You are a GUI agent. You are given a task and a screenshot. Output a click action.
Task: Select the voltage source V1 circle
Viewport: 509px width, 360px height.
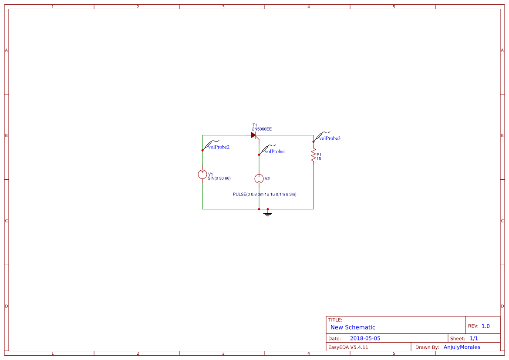(202, 174)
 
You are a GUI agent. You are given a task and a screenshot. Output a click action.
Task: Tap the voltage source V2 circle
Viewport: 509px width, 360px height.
(259, 178)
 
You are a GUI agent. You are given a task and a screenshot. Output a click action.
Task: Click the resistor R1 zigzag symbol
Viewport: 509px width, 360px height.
(313, 155)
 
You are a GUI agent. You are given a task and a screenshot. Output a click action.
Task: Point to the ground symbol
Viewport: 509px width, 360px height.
(268, 213)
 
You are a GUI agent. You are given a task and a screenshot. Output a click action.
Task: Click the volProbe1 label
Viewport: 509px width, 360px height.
(275, 151)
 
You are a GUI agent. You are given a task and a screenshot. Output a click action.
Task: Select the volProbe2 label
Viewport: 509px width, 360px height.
(219, 147)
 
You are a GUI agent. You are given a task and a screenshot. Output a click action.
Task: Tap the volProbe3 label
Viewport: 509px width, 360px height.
(330, 138)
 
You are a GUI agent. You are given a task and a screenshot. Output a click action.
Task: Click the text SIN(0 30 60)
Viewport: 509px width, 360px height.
(219, 178)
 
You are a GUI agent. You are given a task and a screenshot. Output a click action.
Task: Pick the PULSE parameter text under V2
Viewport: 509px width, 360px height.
(265, 194)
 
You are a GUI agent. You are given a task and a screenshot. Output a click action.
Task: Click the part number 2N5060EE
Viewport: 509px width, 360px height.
(262, 129)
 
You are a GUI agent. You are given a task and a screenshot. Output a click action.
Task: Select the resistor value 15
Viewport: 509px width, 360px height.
(319, 159)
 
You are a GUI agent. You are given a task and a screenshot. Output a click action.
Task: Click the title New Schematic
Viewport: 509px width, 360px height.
(353, 327)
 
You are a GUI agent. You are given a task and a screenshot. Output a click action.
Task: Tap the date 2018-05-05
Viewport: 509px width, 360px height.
(365, 339)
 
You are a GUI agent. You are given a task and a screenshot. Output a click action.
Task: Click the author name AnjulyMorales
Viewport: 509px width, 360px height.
(462, 347)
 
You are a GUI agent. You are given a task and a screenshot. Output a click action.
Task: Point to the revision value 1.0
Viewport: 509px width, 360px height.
(485, 326)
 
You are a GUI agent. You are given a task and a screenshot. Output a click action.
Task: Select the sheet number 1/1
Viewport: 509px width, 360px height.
(474, 339)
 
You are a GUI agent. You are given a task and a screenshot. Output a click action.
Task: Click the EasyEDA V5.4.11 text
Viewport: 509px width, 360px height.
(348, 347)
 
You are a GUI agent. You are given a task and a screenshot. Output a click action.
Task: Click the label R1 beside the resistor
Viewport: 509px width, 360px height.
(319, 155)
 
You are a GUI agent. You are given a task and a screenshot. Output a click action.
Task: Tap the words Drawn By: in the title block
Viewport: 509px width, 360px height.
(427, 347)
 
